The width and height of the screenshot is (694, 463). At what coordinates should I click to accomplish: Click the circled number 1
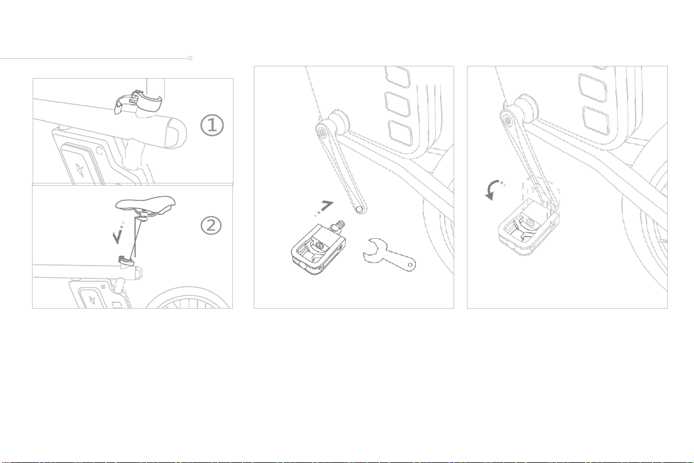[x=212, y=125]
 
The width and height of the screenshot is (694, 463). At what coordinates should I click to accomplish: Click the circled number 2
[x=211, y=225]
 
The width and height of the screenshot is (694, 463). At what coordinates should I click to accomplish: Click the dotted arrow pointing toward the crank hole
[x=324, y=208]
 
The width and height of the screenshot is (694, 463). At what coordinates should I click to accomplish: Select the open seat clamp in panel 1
[x=138, y=102]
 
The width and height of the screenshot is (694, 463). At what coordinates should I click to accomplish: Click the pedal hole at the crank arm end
[x=359, y=208]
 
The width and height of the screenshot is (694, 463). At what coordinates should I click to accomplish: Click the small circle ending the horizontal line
[x=190, y=58]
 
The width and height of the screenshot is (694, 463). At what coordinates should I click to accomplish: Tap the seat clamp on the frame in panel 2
[x=127, y=261]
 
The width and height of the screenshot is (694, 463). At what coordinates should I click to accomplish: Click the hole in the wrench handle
[x=410, y=265]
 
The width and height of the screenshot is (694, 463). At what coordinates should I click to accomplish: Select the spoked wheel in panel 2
[x=189, y=296]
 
